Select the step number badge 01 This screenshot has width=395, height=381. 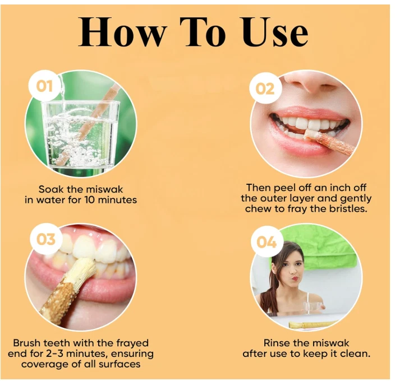click(x=44, y=87)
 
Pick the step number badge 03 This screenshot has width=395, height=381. click(x=45, y=239)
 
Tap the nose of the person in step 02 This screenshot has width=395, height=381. click(x=310, y=84)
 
